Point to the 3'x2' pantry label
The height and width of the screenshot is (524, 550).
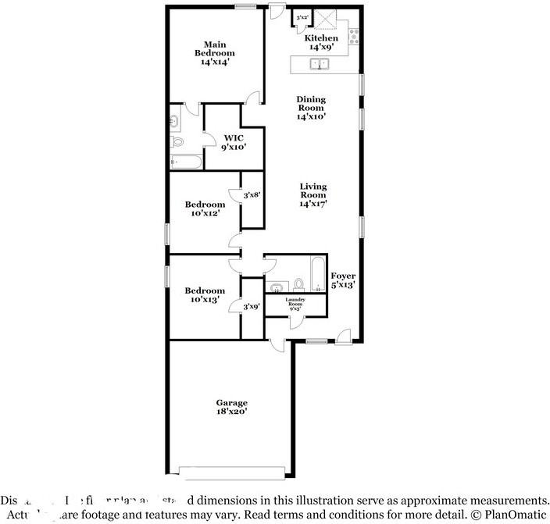(x=302, y=16)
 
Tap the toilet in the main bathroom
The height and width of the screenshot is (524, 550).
(x=177, y=141)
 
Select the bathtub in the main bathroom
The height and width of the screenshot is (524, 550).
(x=186, y=162)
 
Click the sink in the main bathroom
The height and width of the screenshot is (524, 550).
(x=174, y=121)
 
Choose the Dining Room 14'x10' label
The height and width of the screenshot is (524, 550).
(x=311, y=108)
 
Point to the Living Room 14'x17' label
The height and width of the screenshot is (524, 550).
(x=312, y=195)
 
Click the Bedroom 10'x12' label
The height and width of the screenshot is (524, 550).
(x=205, y=209)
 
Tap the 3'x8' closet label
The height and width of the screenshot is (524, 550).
(x=252, y=195)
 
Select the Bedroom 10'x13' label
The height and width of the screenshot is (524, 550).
(x=205, y=294)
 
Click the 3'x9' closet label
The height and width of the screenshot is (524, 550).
(x=252, y=307)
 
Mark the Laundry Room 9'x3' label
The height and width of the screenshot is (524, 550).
(x=295, y=303)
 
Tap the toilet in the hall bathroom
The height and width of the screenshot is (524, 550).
(x=298, y=283)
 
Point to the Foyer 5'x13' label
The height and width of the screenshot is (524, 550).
(x=343, y=280)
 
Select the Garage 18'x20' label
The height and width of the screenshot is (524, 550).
(x=232, y=407)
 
